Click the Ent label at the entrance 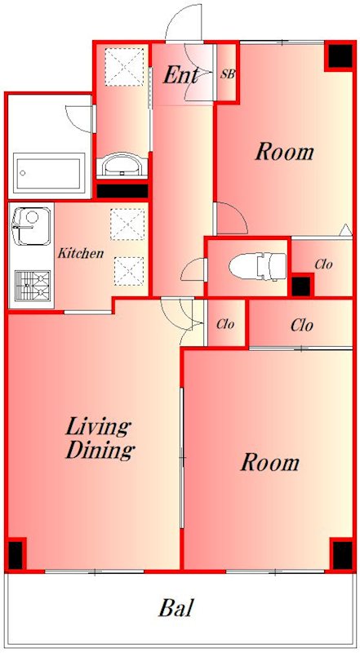coord(180,75)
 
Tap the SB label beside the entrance coord(228,75)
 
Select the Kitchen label coord(80,253)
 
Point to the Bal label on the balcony coord(176,608)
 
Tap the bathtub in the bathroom coord(49,173)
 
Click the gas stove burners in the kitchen coord(33,285)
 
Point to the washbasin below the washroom coord(122,165)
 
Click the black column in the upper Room coord(340,56)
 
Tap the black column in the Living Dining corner coord(16,554)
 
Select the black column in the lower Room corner coord(343,555)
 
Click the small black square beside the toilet coord(301,287)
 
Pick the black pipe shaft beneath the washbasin coord(122,191)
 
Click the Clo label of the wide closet coord(302,325)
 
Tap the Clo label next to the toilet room coord(324,264)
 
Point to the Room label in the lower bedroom coord(270,462)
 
